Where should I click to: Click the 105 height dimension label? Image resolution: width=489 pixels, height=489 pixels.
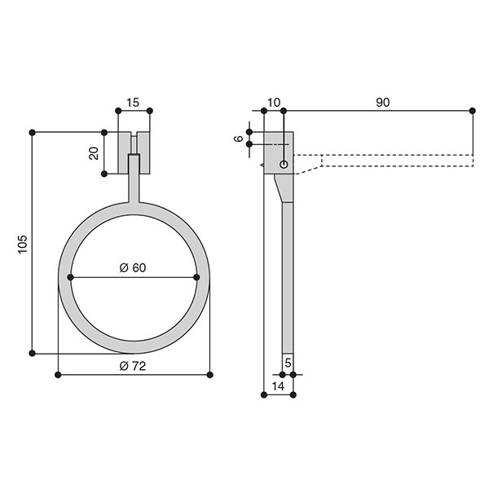[x=23, y=244]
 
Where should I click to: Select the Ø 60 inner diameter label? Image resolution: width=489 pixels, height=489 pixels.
[x=133, y=267]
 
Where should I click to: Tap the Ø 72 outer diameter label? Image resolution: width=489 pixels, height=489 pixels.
[x=133, y=366]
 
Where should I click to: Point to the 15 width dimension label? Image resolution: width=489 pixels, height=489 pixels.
[x=133, y=103]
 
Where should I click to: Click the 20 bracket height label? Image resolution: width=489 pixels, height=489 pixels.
[x=94, y=153]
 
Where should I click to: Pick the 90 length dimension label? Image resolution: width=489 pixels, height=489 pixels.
[x=383, y=103]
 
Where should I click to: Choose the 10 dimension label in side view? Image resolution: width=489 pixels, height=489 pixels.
[x=274, y=103]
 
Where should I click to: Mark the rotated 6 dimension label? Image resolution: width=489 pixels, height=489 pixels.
[x=239, y=139]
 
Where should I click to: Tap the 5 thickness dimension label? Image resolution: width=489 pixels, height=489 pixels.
[x=288, y=363]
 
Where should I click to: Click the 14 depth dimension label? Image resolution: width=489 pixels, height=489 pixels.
[x=278, y=386]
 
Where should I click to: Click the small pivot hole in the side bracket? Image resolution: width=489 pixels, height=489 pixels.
[x=284, y=164]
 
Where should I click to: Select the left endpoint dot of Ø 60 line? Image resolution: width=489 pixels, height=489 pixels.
[x=70, y=277]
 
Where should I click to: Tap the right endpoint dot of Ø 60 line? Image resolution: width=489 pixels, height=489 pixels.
[x=196, y=277]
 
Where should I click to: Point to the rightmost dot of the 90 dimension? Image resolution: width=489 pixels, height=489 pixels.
[x=472, y=111]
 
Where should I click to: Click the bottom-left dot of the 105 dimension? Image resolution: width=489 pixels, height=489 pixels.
[x=32, y=353]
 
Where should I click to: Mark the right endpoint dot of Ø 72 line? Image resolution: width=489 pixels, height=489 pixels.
[x=210, y=375]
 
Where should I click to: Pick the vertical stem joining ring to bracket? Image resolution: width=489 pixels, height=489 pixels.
[x=134, y=178]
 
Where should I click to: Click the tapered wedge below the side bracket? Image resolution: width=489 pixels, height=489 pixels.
[x=284, y=188]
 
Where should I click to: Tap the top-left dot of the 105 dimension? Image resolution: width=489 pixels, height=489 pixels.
[x=32, y=133]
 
